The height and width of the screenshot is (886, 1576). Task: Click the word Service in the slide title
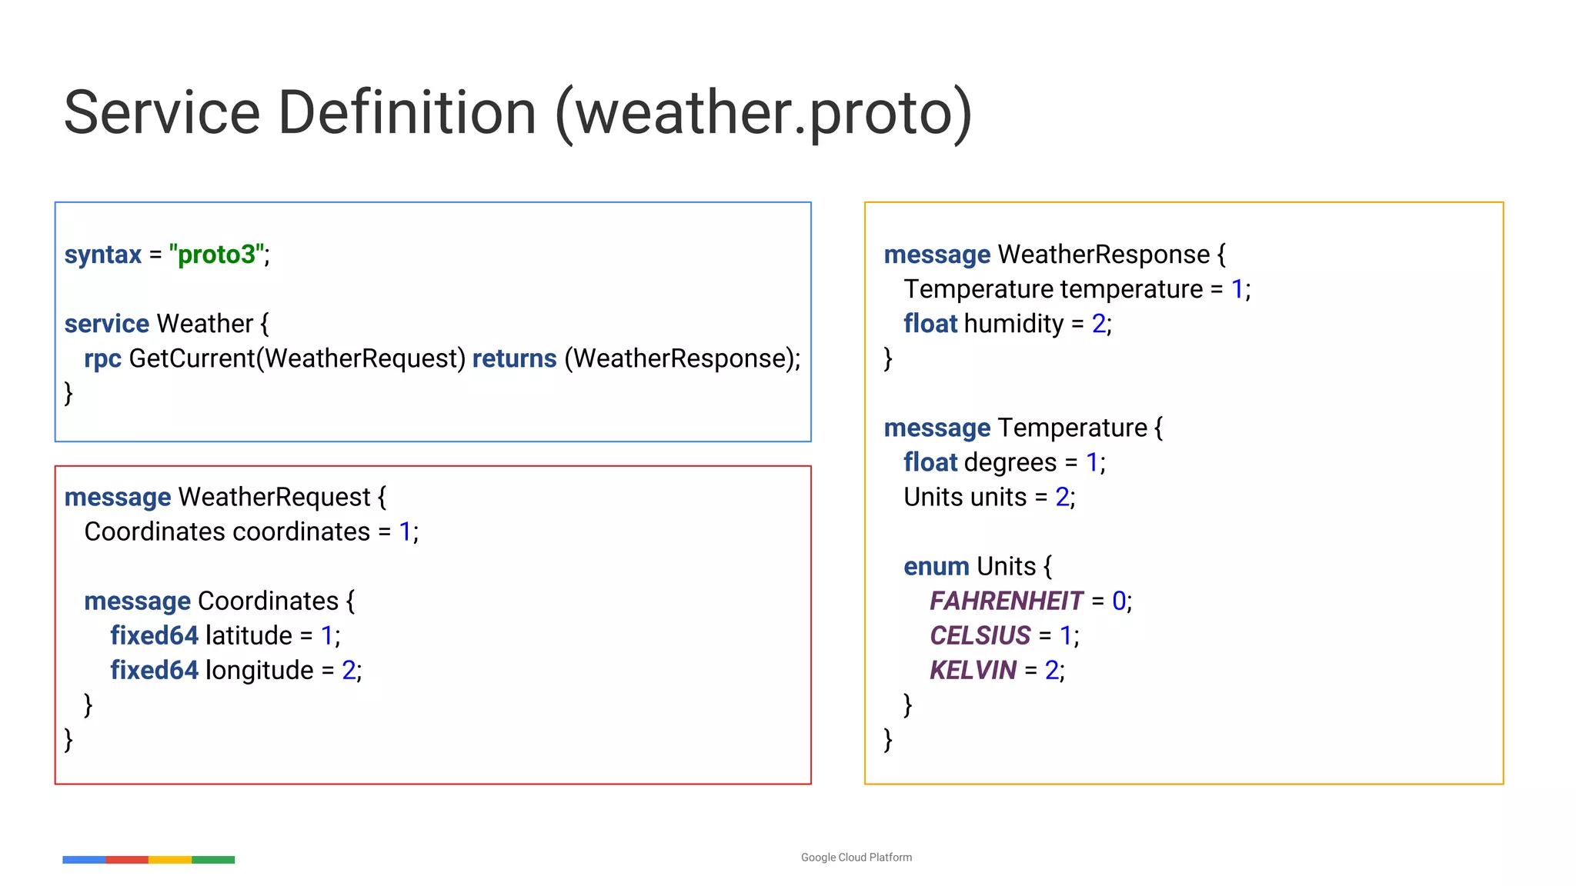(162, 113)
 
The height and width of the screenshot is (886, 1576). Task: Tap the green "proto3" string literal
(218, 255)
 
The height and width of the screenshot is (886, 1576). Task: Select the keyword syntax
(103, 255)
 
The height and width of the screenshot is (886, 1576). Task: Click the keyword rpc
(102, 359)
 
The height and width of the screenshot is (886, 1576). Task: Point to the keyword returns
(514, 358)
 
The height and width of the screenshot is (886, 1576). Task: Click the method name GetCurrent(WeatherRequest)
(297, 358)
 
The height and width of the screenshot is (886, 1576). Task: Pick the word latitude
(249, 636)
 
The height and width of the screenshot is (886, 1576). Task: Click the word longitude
(259, 671)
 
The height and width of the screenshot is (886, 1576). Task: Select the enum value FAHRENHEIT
(1006, 601)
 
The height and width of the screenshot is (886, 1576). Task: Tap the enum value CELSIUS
(980, 636)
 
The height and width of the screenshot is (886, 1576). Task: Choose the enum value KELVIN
(973, 671)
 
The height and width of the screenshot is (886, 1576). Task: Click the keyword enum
(936, 567)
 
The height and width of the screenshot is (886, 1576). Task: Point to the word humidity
(1013, 324)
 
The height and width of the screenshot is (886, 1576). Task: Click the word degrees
(1010, 463)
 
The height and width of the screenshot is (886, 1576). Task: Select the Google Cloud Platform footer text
(856, 858)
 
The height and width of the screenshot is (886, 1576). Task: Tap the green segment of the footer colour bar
(213, 860)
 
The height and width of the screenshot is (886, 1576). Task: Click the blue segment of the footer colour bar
(84, 860)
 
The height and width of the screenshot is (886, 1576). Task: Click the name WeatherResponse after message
(1104, 255)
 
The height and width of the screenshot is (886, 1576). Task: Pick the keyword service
(107, 324)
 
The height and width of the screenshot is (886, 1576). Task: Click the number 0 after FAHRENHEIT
(1119, 601)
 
